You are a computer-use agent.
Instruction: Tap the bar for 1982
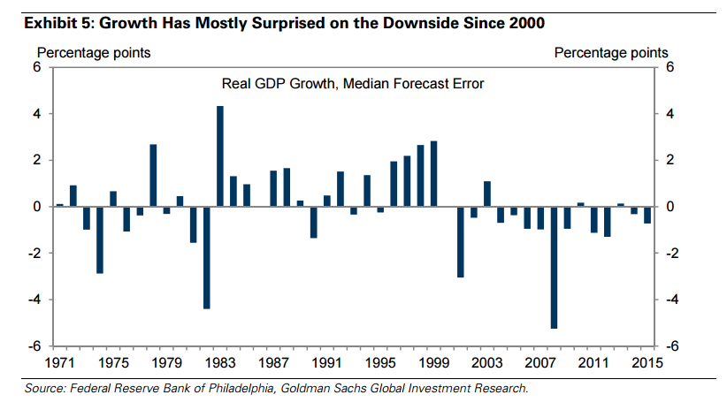[206, 257]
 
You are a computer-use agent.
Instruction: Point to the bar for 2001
[461, 241]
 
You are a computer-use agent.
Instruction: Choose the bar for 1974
[100, 239]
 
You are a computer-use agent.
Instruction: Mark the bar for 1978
[153, 175]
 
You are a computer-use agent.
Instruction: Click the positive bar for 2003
[487, 194]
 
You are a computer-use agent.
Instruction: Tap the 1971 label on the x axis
[60, 362]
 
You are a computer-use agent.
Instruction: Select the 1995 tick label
[380, 362]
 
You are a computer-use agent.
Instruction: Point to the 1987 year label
[273, 362]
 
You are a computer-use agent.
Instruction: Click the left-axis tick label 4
[38, 114]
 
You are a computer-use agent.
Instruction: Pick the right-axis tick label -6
[671, 345]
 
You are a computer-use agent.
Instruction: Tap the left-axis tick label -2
[36, 253]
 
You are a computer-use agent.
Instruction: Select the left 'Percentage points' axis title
[92, 53]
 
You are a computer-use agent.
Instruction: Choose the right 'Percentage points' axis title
[611, 53]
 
